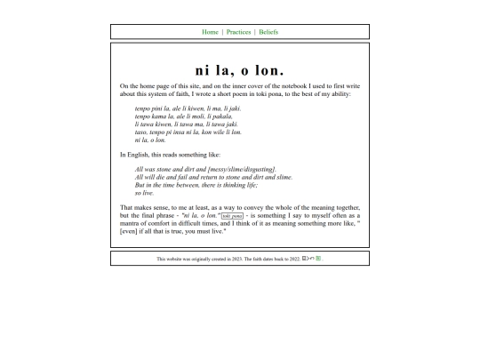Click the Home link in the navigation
[x=210, y=32]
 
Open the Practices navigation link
[x=238, y=32]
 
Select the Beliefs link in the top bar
[x=268, y=32]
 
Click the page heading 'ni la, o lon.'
[x=240, y=70]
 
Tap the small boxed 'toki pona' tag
[x=232, y=216]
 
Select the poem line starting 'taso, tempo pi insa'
[x=188, y=132]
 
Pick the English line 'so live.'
[x=145, y=193]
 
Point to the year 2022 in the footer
[x=294, y=259]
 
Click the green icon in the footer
[x=318, y=259]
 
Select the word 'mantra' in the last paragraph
[x=131, y=223]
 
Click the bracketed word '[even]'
[x=130, y=231]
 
